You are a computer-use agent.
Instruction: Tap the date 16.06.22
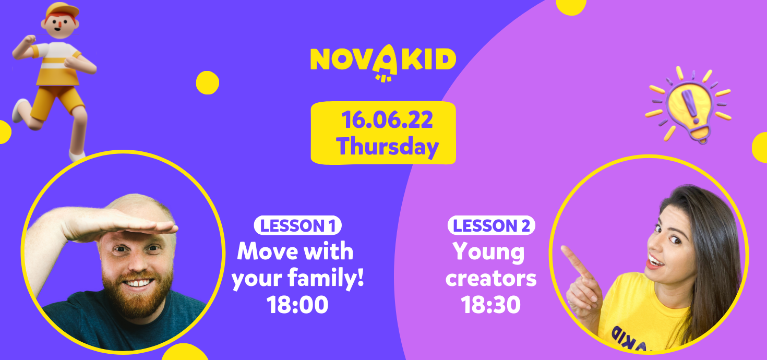click(x=387, y=120)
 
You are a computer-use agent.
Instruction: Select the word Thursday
click(x=387, y=147)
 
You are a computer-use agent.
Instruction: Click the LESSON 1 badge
click(x=297, y=225)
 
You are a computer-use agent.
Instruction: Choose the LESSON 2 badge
click(x=492, y=225)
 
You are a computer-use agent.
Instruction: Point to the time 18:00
click(x=297, y=305)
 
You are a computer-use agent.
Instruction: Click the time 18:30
click(x=490, y=305)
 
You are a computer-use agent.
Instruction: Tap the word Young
click(x=488, y=253)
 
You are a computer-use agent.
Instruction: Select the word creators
click(x=491, y=279)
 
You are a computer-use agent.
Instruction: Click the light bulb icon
click(x=689, y=105)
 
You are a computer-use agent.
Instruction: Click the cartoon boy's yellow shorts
click(x=56, y=101)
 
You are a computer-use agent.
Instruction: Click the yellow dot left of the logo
click(x=208, y=82)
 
